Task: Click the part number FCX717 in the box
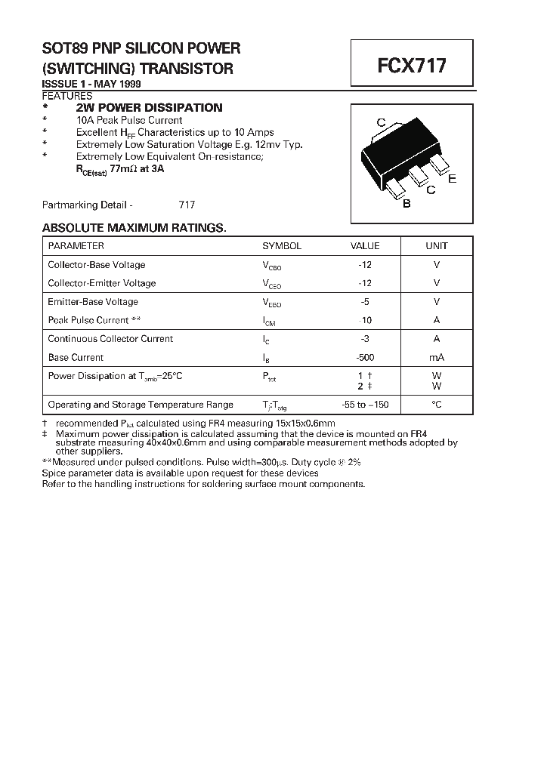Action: [412, 65]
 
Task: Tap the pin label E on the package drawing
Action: [452, 179]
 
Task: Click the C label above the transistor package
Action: [382, 123]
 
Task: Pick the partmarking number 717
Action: [187, 205]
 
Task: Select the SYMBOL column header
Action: [282, 246]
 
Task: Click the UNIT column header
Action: [436, 246]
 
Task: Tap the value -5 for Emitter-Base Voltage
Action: [365, 302]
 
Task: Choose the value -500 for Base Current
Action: [365, 358]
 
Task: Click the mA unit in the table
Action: [436, 358]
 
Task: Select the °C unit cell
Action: [436, 405]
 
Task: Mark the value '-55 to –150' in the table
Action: [364, 405]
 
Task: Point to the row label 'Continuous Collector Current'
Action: [110, 339]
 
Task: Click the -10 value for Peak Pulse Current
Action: [365, 320]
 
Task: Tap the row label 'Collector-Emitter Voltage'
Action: [102, 283]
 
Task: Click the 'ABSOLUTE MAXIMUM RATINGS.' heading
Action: [134, 228]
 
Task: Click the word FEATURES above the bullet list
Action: [67, 96]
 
